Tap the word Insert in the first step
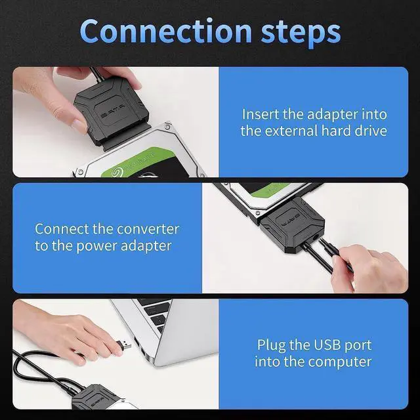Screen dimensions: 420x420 261,114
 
